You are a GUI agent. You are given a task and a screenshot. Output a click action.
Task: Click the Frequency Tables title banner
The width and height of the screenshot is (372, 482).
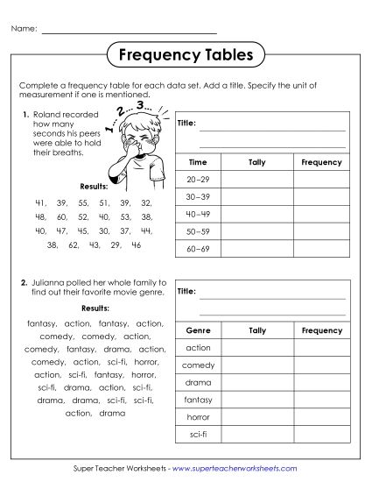coord(186,55)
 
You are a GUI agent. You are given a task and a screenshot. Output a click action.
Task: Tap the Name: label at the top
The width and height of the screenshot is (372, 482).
coord(24,29)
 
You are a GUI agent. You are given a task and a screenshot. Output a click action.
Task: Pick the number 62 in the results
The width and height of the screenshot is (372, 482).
coord(74,245)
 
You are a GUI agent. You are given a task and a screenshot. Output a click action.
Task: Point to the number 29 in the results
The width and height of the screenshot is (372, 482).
coord(115,245)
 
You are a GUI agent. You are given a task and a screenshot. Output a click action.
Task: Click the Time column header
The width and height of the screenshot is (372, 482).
coord(198,163)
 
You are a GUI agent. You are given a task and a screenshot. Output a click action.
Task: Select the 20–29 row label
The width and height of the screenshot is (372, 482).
coord(198,180)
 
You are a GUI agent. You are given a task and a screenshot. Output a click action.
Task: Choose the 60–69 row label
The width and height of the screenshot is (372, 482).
coord(198,249)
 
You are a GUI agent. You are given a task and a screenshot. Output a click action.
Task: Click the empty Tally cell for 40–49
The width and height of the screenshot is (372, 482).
coord(256,215)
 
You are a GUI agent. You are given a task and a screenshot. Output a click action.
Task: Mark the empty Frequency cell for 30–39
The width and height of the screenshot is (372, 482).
coord(321,197)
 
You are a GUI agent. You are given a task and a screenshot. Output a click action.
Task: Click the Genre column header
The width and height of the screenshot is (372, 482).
coord(198,330)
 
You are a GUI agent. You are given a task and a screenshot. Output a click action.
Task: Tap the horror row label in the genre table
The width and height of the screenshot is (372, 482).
coord(198,416)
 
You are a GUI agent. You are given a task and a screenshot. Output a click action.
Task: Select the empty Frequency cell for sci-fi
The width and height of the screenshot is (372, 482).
coord(321,434)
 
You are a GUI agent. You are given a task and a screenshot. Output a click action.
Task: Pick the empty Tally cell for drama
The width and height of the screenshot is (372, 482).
coord(256,382)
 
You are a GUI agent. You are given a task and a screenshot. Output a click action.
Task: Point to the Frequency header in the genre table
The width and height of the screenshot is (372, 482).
coord(321,330)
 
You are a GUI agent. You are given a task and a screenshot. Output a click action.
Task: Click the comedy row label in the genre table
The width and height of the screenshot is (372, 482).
coord(198,365)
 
